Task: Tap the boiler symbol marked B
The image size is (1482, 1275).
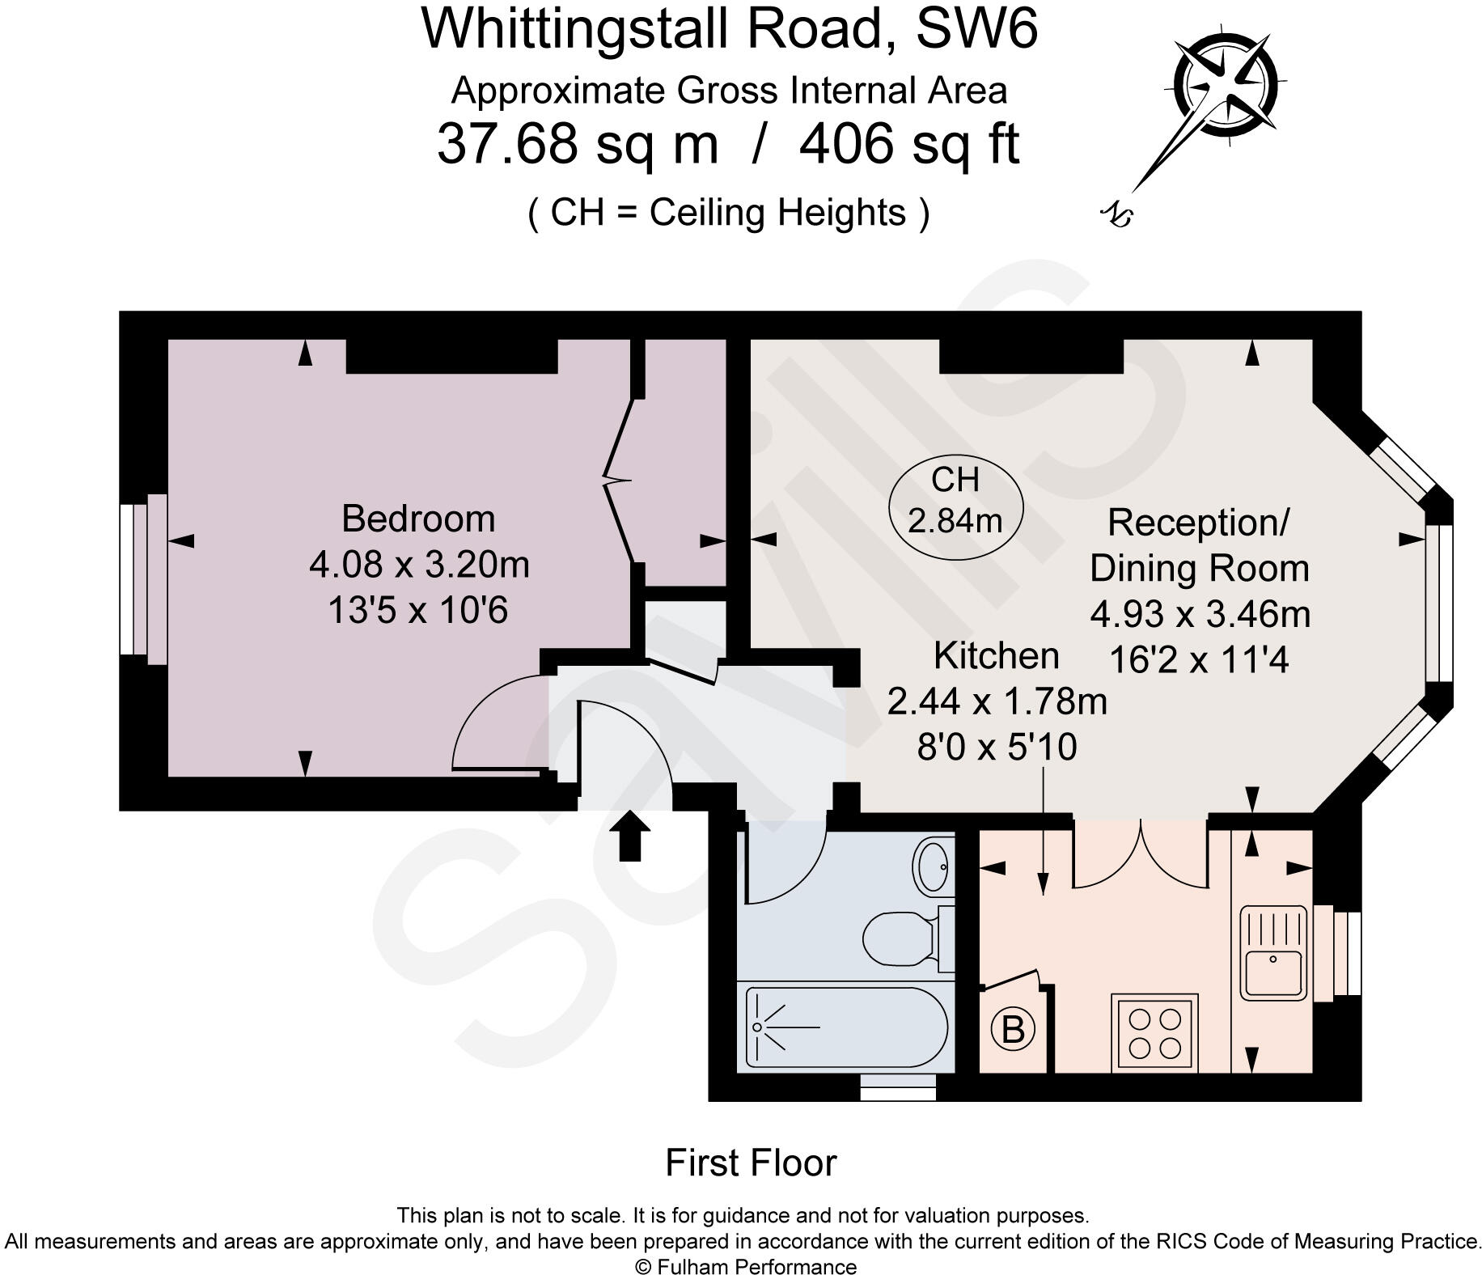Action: (x=1013, y=1030)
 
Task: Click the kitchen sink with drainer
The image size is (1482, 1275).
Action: (x=1272, y=951)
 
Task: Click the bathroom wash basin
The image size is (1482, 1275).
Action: (x=933, y=866)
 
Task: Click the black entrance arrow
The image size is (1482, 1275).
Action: (x=629, y=835)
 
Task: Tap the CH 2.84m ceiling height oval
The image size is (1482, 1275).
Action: (x=955, y=501)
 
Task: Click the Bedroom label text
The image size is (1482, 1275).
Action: (x=418, y=519)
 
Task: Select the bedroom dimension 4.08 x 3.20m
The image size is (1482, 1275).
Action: (x=419, y=564)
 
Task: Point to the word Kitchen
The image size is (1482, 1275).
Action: (x=996, y=655)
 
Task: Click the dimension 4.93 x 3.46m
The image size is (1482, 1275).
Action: (x=1200, y=614)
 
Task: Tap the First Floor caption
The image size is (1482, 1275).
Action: (x=750, y=1163)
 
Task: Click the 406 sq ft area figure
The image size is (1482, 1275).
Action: (x=908, y=144)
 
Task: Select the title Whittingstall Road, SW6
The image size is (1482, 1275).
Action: (x=729, y=30)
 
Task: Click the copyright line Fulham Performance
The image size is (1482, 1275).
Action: (x=745, y=1266)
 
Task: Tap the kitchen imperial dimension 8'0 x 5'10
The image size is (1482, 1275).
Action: (x=996, y=747)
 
